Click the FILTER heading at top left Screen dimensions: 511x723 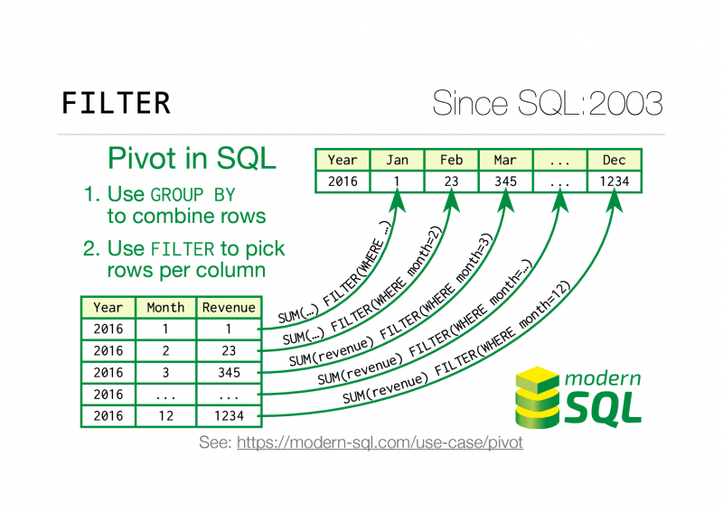click(115, 103)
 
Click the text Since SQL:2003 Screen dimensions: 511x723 click(548, 103)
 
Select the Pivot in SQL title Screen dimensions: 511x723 click(192, 158)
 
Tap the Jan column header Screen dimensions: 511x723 click(397, 160)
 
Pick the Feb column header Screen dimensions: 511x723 click(451, 160)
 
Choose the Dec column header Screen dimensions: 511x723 click(614, 160)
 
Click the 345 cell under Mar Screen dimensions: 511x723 click(505, 181)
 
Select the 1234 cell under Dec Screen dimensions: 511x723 click(614, 181)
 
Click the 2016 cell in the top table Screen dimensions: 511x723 click(343, 181)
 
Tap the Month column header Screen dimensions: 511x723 click(166, 308)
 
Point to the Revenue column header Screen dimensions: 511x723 click(229, 308)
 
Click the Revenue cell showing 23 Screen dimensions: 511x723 click(229, 350)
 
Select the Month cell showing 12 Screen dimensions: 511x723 click(166, 415)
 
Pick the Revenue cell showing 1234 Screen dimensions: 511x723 click(229, 415)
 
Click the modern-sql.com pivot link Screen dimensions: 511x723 click(380, 444)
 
